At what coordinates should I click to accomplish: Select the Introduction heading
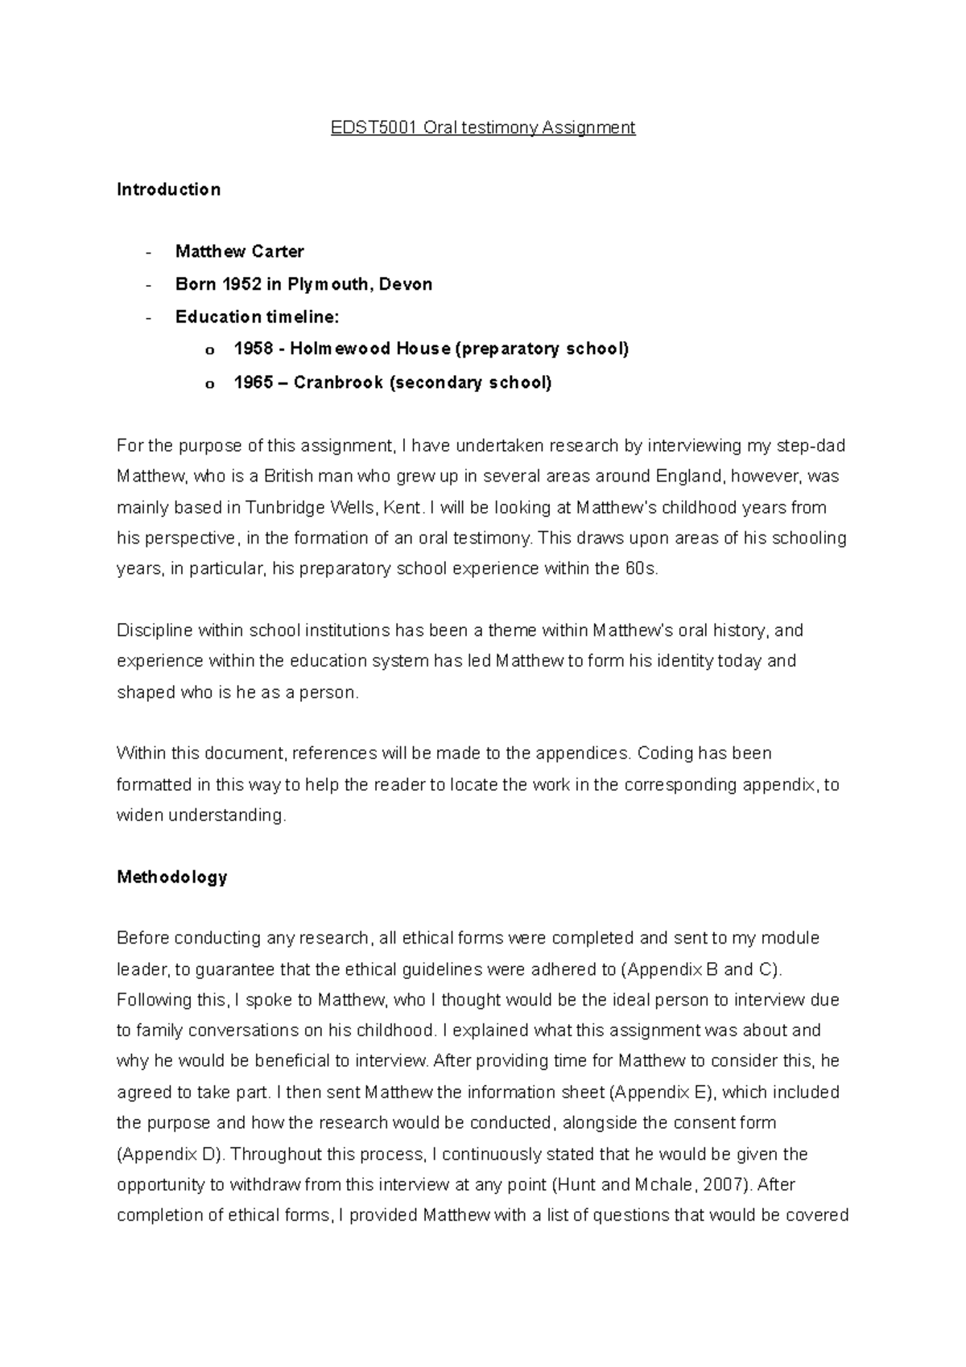point(168,190)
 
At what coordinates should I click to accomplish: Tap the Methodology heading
point(171,877)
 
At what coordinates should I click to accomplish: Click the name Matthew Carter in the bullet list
point(239,252)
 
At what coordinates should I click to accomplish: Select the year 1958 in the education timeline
point(253,349)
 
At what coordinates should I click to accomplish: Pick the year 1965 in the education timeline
point(253,382)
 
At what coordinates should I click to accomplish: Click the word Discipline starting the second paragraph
point(155,630)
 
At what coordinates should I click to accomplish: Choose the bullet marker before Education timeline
point(147,317)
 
